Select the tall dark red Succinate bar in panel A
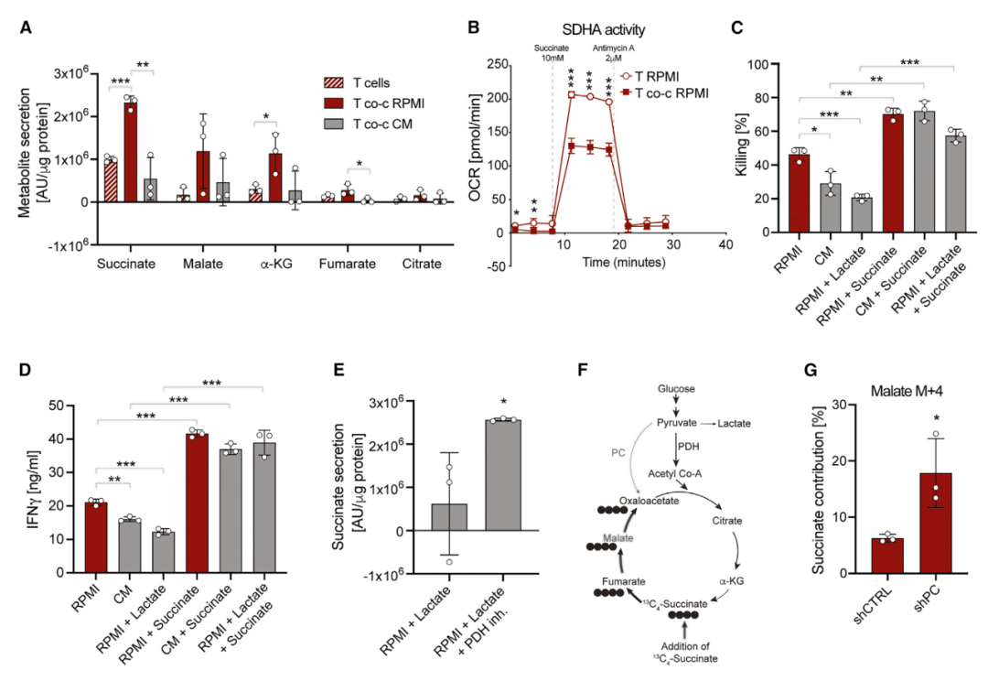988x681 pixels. pyautogui.click(x=132, y=152)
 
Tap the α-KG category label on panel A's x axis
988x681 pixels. pyautogui.click(x=275, y=265)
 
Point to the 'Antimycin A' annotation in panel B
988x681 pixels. pyautogui.click(x=612, y=49)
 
